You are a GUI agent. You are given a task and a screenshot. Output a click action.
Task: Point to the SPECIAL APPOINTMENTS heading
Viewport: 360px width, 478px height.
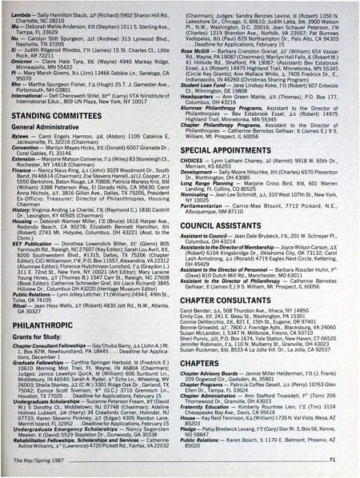coord(234,150)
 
